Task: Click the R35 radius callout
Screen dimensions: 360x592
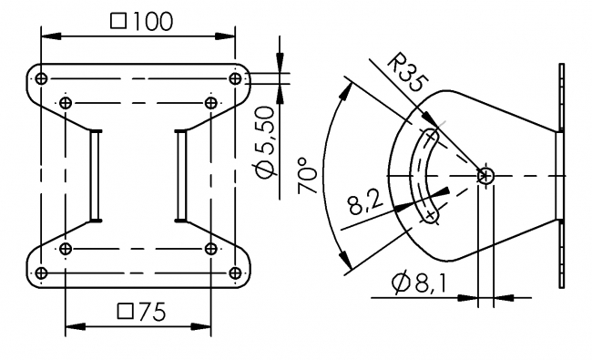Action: (x=404, y=74)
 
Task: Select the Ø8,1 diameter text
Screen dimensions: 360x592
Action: (x=418, y=284)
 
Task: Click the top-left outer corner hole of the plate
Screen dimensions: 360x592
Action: (x=42, y=77)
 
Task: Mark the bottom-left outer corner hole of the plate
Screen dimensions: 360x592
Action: (x=42, y=273)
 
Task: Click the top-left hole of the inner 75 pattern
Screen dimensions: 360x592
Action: (x=66, y=102)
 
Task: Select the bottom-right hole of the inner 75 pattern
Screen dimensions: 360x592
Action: (x=211, y=248)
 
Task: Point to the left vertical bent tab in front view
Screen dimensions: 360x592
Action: (x=95, y=174)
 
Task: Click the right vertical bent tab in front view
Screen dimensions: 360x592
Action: (x=182, y=174)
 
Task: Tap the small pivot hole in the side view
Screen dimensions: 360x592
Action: (x=485, y=175)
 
